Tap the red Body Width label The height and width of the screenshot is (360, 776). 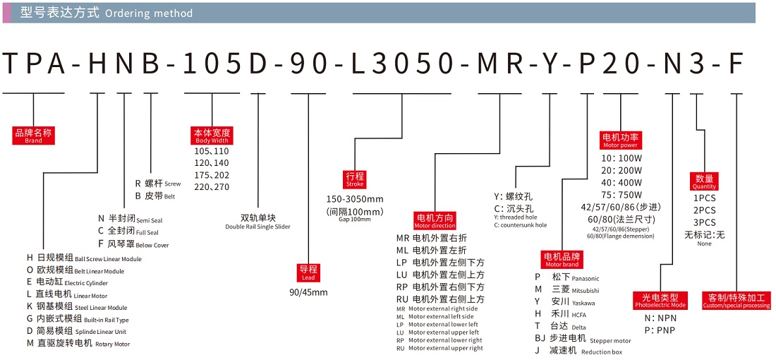click(x=212, y=136)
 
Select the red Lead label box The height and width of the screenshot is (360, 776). click(x=309, y=272)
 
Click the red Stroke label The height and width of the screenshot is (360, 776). click(x=355, y=179)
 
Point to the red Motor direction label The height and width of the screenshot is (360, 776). click(x=435, y=220)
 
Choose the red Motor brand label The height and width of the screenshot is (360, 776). click(x=562, y=259)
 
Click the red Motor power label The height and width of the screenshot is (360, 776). click(x=620, y=140)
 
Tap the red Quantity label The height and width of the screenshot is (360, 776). click(x=704, y=181)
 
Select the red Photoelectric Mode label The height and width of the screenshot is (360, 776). click(x=660, y=301)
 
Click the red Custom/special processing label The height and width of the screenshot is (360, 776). click(x=736, y=301)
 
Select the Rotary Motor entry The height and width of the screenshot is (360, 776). click(x=78, y=344)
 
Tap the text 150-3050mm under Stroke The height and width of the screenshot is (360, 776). click(x=355, y=198)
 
